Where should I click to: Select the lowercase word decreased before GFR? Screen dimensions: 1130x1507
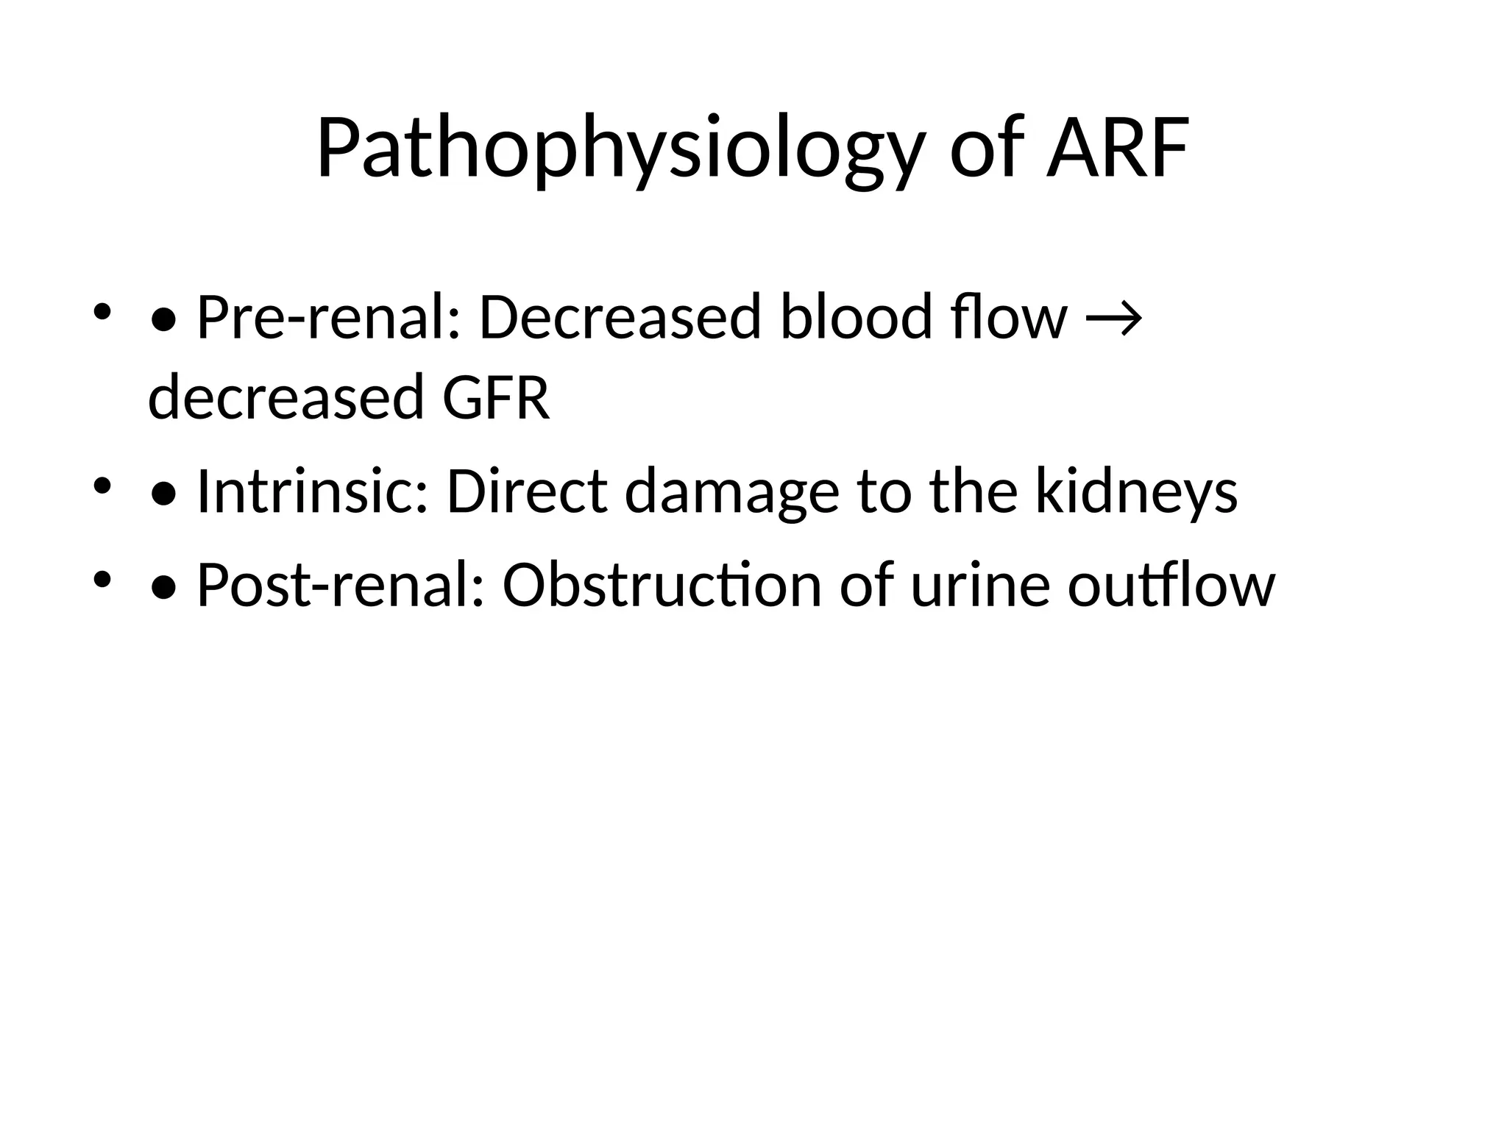click(x=286, y=397)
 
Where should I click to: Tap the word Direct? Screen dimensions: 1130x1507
click(x=527, y=491)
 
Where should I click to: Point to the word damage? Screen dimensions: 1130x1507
click(x=731, y=491)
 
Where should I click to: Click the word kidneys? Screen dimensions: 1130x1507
click(x=1136, y=491)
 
